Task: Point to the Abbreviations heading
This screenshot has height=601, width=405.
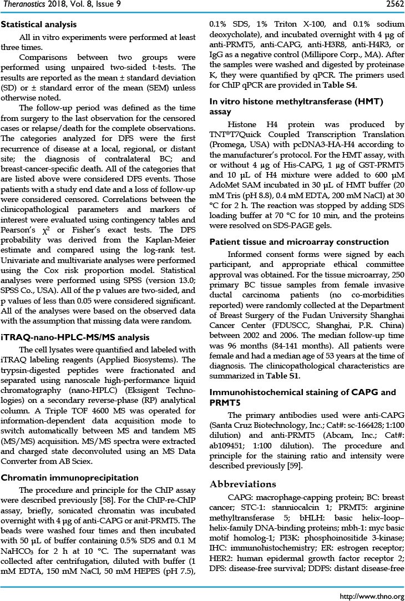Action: coord(244,484)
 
